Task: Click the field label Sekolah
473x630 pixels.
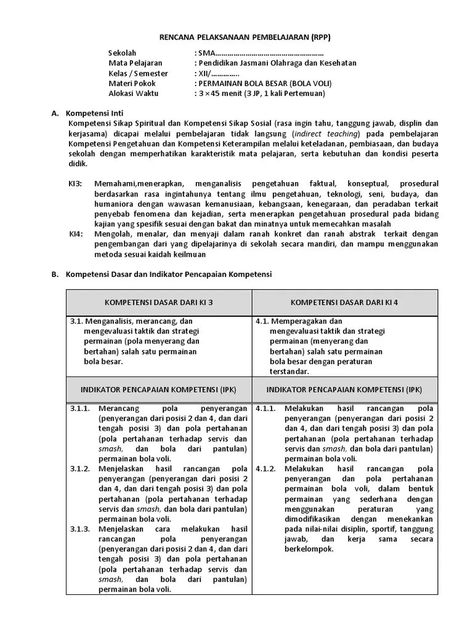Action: (x=122, y=53)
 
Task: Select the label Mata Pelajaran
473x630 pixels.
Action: (x=135, y=63)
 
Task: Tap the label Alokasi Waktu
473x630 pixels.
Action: (x=133, y=94)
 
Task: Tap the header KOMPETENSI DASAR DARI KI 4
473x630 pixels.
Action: (x=344, y=302)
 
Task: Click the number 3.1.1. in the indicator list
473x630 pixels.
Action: (x=80, y=409)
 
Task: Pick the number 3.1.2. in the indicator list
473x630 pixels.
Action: (x=80, y=469)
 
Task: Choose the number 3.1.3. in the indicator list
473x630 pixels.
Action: (x=80, y=529)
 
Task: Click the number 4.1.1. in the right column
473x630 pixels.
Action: (x=265, y=409)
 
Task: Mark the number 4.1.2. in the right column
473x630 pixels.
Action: (x=265, y=469)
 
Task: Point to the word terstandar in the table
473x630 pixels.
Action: (x=289, y=372)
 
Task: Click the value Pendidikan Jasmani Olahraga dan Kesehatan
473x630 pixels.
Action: (x=277, y=63)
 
